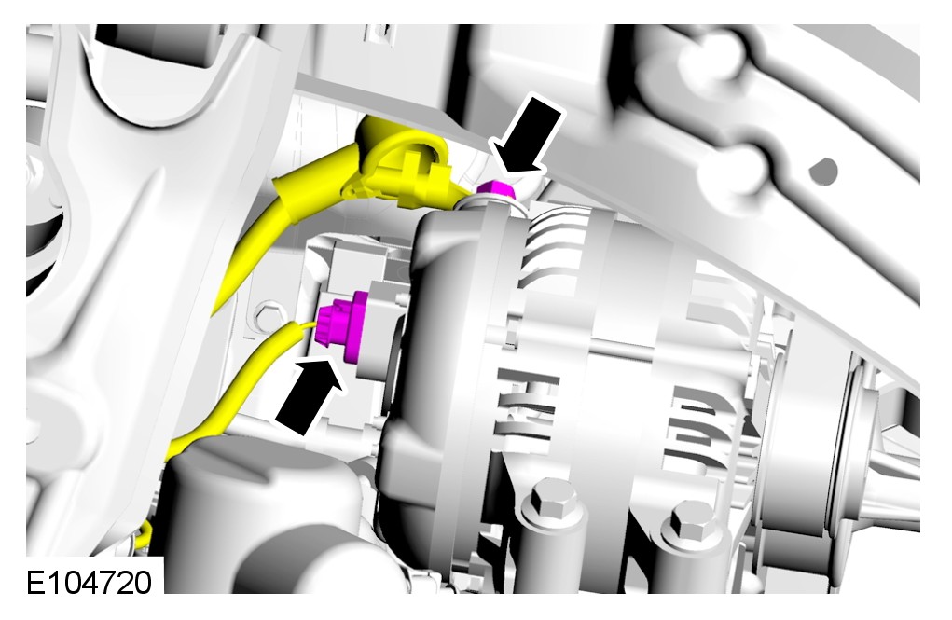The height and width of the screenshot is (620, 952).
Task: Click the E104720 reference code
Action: (x=90, y=583)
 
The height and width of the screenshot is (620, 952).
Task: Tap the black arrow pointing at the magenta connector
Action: (x=309, y=395)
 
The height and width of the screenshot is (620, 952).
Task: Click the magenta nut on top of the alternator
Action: (x=496, y=190)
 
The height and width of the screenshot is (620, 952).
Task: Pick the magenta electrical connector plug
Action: (x=343, y=324)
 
